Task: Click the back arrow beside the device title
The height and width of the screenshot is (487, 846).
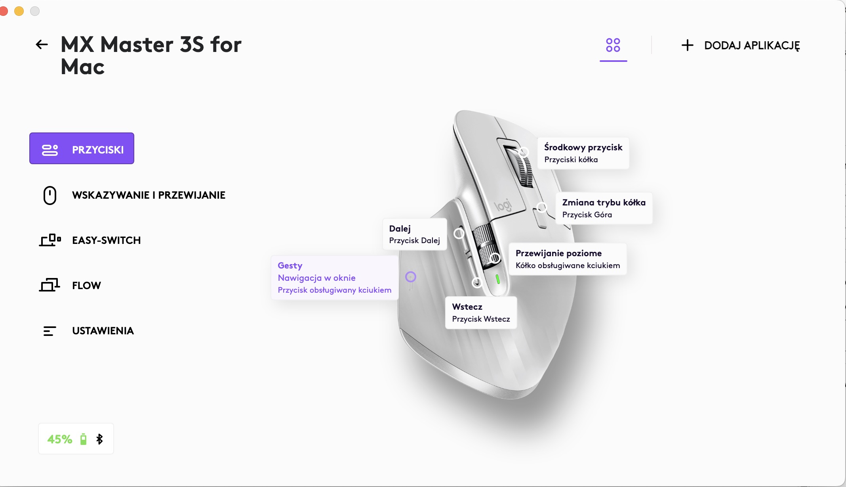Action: [x=42, y=44]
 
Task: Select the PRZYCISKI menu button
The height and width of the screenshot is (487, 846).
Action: [x=82, y=148]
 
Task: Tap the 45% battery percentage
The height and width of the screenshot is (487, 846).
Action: [x=60, y=439]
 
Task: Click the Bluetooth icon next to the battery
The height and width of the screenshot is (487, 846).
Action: [x=99, y=439]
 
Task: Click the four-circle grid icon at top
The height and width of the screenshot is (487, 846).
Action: [x=613, y=45]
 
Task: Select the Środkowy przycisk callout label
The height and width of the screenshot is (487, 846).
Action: [x=583, y=153]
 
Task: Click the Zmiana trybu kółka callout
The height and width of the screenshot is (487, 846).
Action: [x=604, y=208]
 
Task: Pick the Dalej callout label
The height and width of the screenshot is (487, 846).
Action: [x=415, y=234]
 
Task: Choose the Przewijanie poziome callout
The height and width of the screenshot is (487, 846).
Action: [x=568, y=259]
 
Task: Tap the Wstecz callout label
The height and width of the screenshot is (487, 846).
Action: [x=481, y=313]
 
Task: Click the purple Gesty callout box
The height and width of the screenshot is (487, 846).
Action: [x=335, y=278]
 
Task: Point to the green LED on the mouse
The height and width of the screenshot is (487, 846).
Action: [x=498, y=279]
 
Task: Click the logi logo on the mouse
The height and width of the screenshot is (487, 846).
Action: [x=503, y=205]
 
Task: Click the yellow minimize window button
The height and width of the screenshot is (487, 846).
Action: [x=19, y=11]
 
